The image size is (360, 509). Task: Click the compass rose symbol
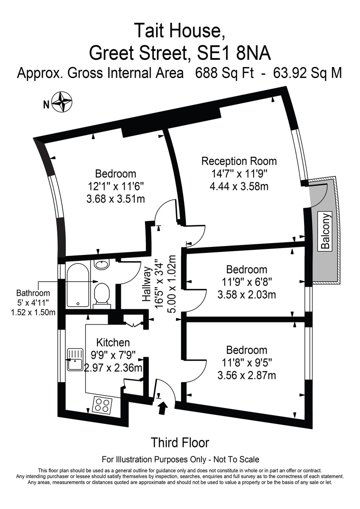coord(62,102)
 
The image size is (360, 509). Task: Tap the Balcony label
coord(325,231)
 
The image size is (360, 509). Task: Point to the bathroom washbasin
coord(102,265)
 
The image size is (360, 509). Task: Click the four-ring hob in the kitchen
coord(102,405)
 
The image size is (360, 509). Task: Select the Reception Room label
coord(239,161)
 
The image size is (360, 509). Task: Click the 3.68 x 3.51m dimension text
coord(116,199)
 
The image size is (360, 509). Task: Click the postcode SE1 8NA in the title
coord(234,53)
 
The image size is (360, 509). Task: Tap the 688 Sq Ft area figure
coord(224,73)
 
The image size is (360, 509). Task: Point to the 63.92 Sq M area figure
coord(308,73)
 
